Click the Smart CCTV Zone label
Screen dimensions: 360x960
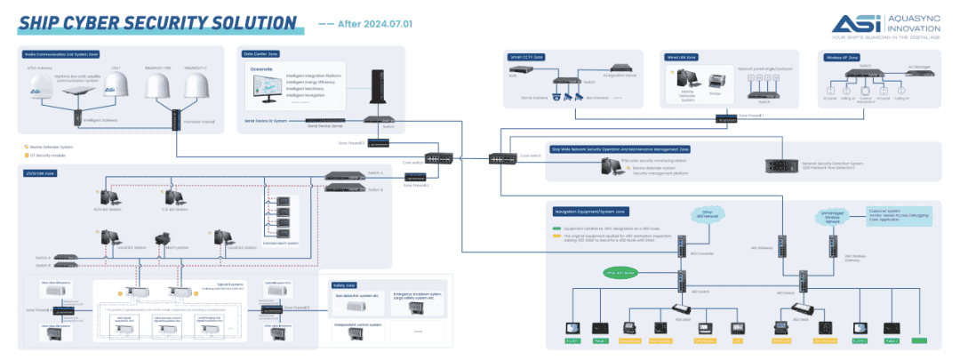click(526, 55)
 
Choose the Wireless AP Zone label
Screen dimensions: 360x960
click(841, 56)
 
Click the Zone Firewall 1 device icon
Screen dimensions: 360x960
click(726, 118)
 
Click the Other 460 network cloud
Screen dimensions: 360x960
click(709, 214)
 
